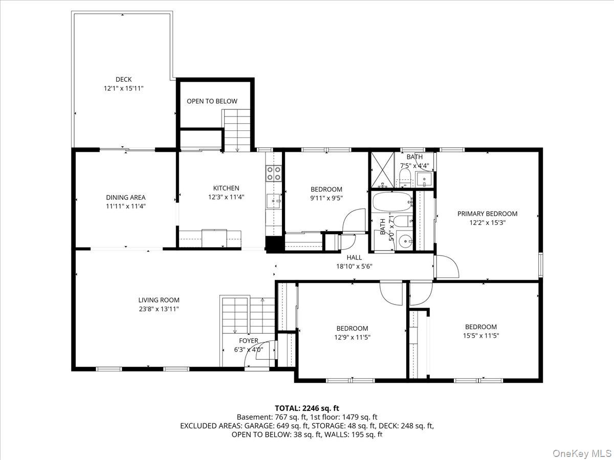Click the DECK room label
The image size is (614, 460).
coord(123,79)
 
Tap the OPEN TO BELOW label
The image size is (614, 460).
coord(212,101)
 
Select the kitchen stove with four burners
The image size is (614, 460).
coord(274,173)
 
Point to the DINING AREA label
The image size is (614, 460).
coord(125,197)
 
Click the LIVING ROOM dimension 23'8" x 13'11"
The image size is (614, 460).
coord(159,309)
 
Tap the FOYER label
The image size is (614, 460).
coord(249,340)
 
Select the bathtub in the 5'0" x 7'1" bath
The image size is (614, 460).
coord(391,202)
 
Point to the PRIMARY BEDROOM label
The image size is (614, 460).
coord(487,214)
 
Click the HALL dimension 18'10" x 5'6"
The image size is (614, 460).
coord(354,266)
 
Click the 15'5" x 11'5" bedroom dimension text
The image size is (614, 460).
coord(480,336)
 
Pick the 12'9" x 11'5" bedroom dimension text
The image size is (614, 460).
coord(352,337)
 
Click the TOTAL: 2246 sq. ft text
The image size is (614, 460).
coord(306,408)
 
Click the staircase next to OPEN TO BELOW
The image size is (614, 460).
coord(237,130)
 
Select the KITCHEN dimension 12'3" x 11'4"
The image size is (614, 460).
coord(226,197)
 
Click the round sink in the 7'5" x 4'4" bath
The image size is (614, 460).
coord(424,179)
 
